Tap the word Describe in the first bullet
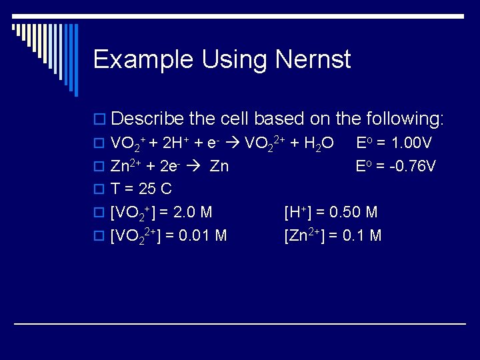(x=148, y=119)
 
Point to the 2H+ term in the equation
(x=177, y=143)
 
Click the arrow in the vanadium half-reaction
(x=235, y=143)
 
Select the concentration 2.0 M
(x=193, y=213)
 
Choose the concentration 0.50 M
(x=354, y=213)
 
